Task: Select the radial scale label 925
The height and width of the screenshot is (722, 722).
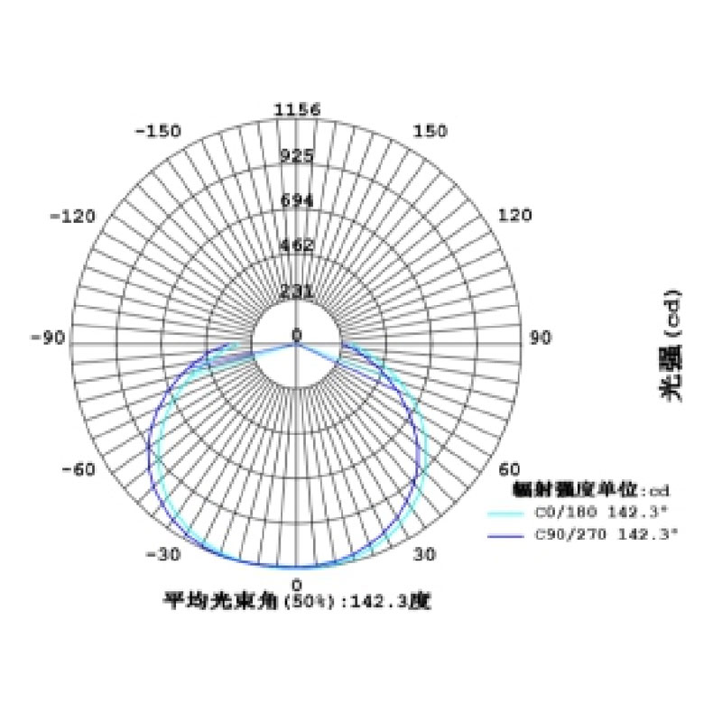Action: pyautogui.click(x=297, y=155)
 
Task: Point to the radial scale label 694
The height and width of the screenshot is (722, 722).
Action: pyautogui.click(x=297, y=200)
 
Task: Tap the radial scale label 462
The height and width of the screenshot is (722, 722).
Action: pyautogui.click(x=297, y=245)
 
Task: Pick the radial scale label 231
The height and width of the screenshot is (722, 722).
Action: pyautogui.click(x=297, y=292)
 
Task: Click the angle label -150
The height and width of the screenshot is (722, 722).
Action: pyautogui.click(x=157, y=131)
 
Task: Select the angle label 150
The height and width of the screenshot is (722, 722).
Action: pyautogui.click(x=430, y=131)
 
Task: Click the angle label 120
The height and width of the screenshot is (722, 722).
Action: pyautogui.click(x=514, y=217)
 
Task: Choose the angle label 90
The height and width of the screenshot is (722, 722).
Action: pyautogui.click(x=540, y=338)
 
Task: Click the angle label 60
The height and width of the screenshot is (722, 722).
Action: pyautogui.click(x=510, y=469)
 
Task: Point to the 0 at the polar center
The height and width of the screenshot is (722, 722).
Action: pyautogui.click(x=297, y=336)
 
